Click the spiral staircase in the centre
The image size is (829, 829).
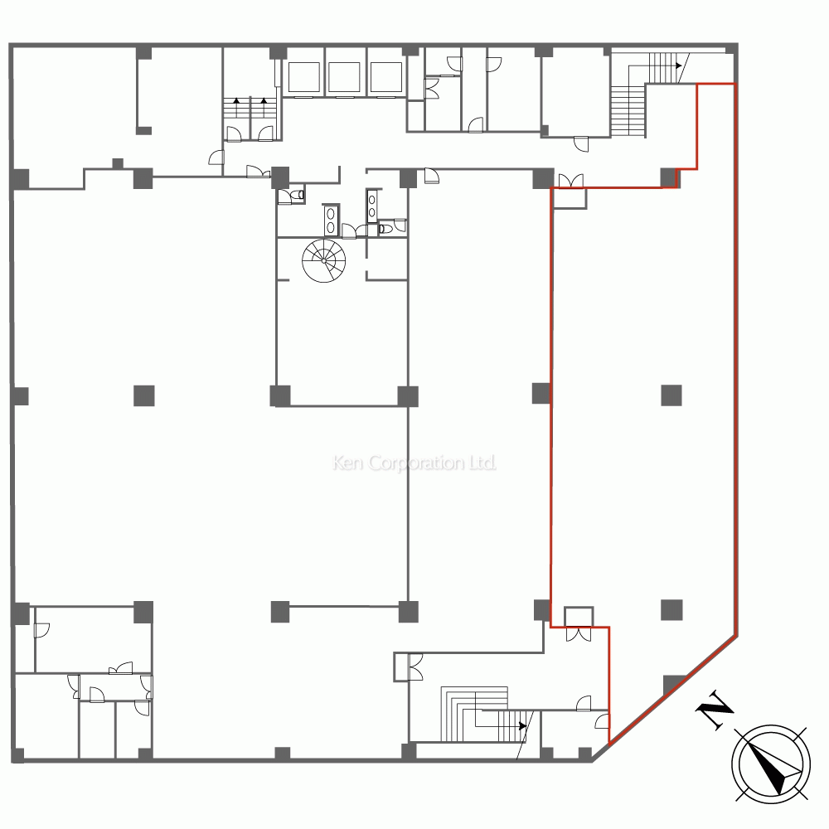point(323,260)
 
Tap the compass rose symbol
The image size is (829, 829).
point(771,764)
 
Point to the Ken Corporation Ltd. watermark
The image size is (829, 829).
point(414,463)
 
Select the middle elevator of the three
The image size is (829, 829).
point(344,77)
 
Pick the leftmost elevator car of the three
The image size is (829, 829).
point(303,77)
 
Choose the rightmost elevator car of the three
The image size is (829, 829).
point(386,77)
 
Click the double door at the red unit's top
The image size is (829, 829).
point(571,181)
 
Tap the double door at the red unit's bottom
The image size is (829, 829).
point(579,634)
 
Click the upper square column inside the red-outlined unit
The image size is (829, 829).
point(671,395)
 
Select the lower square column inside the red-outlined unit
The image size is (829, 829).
point(671,609)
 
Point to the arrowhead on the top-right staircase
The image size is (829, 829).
point(678,66)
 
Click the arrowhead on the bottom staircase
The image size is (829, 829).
point(523,726)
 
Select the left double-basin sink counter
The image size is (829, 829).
point(331,220)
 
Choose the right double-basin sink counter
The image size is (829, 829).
point(372,205)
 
